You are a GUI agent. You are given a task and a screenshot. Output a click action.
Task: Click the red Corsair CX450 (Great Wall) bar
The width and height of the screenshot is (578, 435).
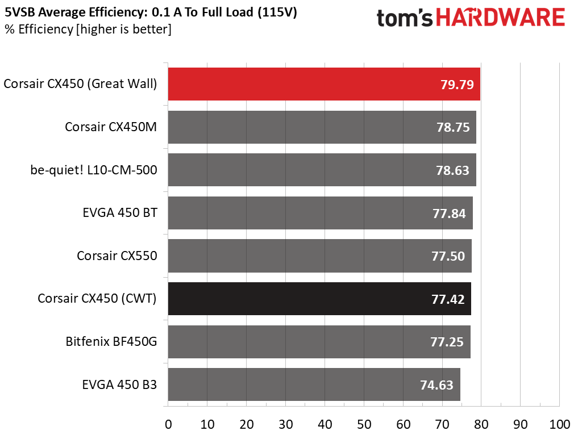tap(324, 84)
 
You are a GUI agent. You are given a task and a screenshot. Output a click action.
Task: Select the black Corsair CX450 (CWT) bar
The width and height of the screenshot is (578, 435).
tap(319, 299)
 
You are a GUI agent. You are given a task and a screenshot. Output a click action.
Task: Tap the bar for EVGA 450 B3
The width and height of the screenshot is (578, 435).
tap(314, 384)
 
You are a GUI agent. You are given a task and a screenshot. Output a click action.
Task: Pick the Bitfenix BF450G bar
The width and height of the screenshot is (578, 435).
tap(319, 342)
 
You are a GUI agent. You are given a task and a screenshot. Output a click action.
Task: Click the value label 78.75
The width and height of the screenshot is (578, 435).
tap(453, 127)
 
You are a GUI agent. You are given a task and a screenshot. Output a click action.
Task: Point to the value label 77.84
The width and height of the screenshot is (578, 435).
tap(449, 214)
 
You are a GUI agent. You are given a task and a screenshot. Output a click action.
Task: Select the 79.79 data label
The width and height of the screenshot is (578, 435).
tap(457, 85)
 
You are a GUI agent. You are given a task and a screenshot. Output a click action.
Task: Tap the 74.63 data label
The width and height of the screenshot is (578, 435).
tap(436, 385)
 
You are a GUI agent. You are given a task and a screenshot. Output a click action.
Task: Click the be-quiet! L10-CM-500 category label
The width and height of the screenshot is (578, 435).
tap(94, 170)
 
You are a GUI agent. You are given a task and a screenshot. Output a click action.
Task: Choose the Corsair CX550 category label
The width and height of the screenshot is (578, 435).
tap(117, 256)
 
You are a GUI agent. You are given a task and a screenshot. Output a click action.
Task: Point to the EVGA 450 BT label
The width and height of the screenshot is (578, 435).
tap(120, 213)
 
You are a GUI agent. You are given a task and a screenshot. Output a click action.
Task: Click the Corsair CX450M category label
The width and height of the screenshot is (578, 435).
tap(111, 127)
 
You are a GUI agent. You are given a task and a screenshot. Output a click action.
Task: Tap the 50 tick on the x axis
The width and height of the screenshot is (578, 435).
tap(364, 425)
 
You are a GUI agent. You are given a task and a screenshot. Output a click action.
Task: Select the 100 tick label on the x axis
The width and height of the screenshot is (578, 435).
tap(560, 425)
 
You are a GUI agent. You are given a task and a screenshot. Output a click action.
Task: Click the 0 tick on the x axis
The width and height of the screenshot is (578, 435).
tap(168, 425)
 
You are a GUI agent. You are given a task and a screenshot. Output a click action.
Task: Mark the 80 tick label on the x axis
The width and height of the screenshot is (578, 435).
tap(481, 425)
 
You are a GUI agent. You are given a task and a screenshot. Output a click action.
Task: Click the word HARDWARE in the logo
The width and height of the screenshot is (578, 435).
tap(501, 18)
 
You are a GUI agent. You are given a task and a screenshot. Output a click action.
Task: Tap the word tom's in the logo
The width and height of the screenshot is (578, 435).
tap(405, 18)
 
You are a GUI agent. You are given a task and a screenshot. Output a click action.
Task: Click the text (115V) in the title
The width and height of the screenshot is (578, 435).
tap(277, 12)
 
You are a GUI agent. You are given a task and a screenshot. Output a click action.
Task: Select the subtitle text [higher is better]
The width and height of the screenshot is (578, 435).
tap(123, 29)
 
